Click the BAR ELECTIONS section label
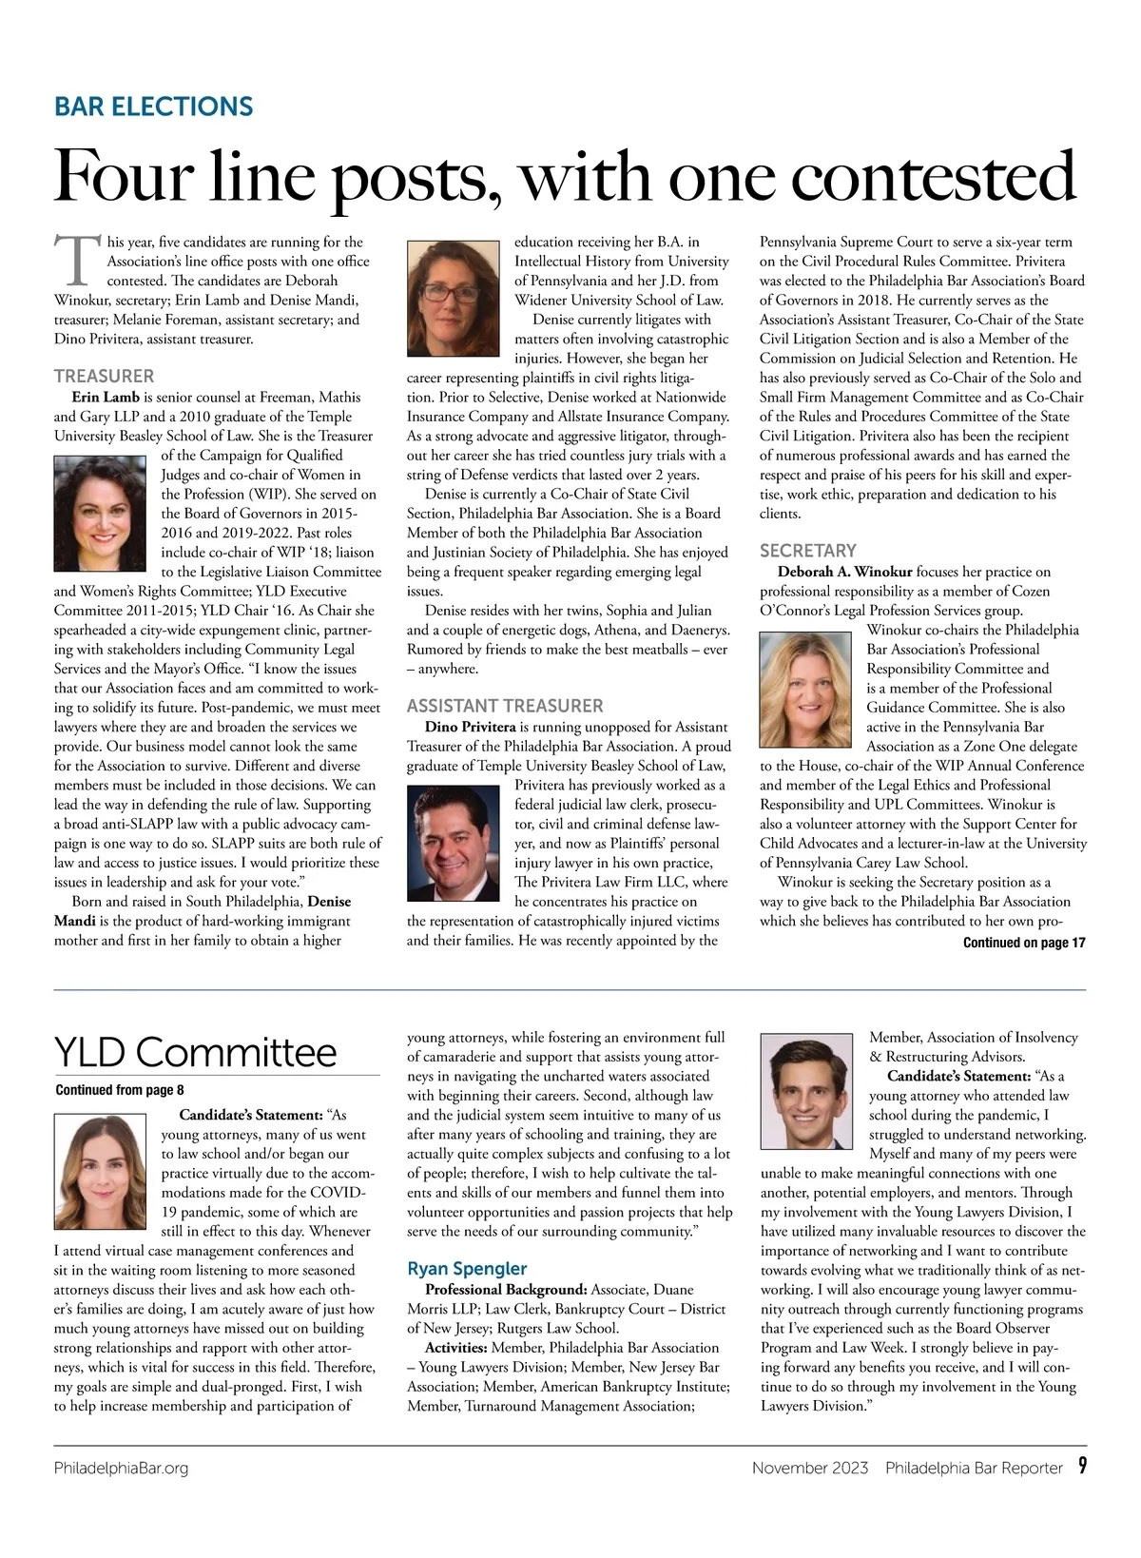tap(154, 106)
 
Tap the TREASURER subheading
tap(104, 376)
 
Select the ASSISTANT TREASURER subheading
tap(504, 706)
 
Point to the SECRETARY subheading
tap(807, 551)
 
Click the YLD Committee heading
tap(195, 1053)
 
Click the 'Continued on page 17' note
tap(1023, 943)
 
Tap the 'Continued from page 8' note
tap(120, 1090)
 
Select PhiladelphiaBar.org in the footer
tap(121, 1468)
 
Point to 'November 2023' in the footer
tap(809, 1468)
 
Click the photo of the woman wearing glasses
tap(454, 298)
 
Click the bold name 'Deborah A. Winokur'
tap(844, 572)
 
